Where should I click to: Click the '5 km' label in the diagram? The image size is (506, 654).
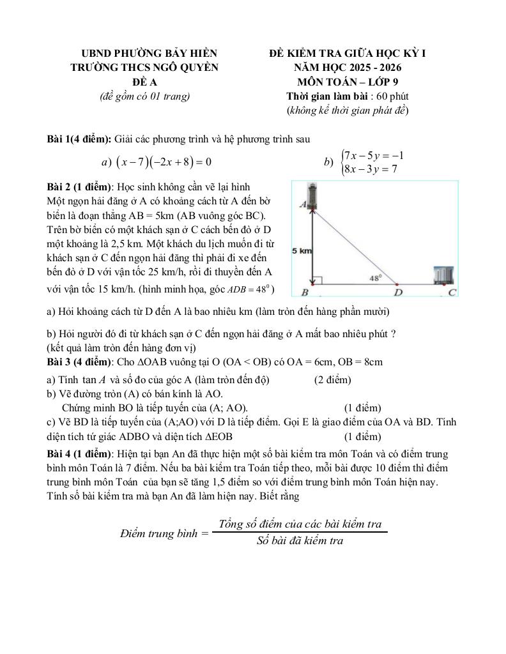[x=302, y=251]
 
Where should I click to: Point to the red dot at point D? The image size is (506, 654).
[x=397, y=285]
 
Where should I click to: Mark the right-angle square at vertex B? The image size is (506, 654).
[x=317, y=280]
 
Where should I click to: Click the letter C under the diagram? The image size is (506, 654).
[x=452, y=293]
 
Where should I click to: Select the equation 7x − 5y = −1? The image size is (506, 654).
[x=374, y=155]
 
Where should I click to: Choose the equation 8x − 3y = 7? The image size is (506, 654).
[x=371, y=169]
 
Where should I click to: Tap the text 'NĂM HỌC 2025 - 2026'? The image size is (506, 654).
[x=348, y=68]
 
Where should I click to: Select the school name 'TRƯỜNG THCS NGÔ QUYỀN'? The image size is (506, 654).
[x=144, y=68]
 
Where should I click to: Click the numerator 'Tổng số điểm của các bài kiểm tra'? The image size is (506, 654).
[x=300, y=524]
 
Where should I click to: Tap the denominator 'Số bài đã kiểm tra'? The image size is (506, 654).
[x=300, y=541]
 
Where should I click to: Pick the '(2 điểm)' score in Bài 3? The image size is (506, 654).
[x=332, y=380]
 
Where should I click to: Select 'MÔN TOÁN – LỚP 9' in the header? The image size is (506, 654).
[x=348, y=82]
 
